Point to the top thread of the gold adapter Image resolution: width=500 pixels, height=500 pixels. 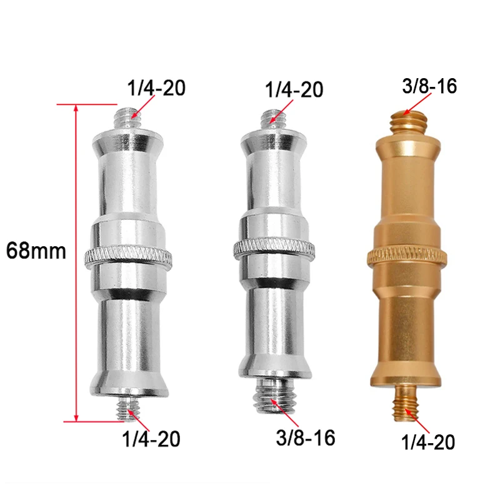pos(407,119)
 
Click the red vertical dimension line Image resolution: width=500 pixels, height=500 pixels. pos(77,262)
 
